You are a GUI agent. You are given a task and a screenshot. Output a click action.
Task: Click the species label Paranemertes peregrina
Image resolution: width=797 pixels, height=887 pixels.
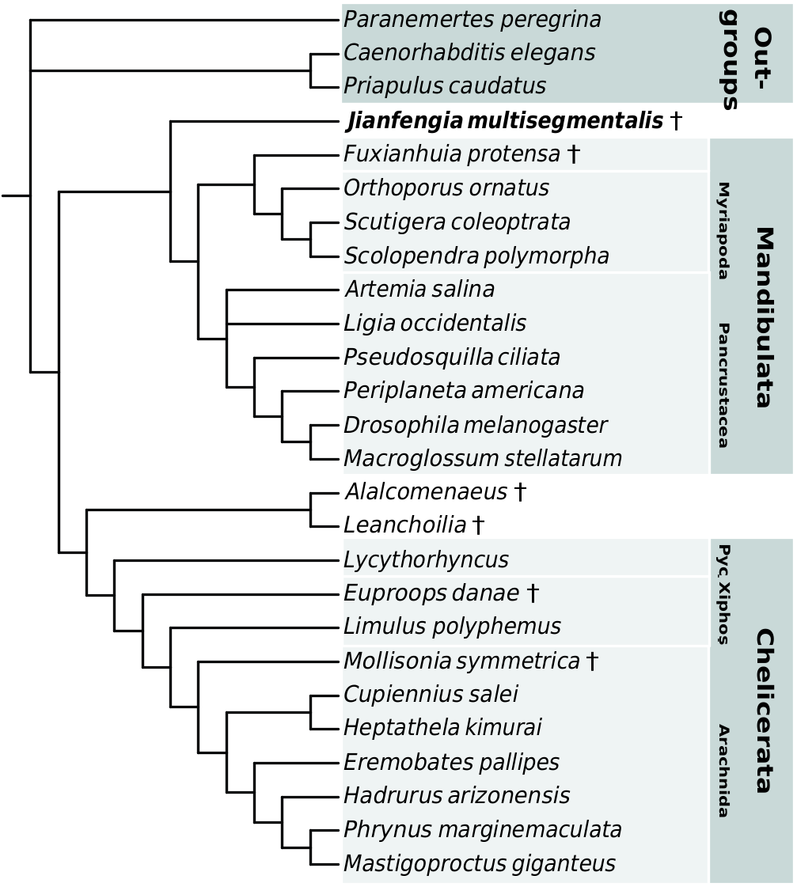(472, 20)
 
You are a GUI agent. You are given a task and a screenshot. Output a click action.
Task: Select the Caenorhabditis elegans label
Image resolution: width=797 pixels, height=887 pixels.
(469, 53)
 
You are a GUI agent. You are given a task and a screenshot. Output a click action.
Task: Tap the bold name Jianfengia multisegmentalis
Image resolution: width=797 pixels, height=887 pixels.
(505, 121)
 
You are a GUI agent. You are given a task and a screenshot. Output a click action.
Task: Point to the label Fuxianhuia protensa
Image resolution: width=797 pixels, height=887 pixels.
(452, 154)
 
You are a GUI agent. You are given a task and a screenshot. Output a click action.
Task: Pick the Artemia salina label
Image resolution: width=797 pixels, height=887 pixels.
(419, 290)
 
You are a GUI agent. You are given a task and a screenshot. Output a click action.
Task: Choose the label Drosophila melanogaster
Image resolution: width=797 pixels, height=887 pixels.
(475, 425)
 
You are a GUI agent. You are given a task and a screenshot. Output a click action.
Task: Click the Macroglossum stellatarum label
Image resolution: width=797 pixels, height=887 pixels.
(483, 458)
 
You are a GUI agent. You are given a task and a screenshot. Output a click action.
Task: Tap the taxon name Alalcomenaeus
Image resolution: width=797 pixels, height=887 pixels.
(426, 492)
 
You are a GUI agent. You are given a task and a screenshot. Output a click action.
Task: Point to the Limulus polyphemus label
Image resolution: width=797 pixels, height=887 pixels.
(452, 627)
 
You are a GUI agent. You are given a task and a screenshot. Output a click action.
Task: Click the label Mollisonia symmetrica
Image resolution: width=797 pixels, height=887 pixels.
(461, 661)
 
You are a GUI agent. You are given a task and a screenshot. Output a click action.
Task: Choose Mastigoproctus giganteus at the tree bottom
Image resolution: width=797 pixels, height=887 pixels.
(479, 862)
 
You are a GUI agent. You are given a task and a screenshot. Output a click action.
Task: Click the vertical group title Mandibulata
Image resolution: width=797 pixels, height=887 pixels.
(762, 317)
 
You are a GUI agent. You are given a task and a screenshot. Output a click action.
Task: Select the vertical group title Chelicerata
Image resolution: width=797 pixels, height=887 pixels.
(762, 711)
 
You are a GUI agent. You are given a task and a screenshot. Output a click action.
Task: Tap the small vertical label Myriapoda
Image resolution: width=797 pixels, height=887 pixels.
(722, 231)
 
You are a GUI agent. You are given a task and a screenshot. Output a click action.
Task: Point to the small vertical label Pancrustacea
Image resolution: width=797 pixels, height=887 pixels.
(722, 385)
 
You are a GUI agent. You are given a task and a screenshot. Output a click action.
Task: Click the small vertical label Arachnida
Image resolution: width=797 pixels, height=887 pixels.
(722, 770)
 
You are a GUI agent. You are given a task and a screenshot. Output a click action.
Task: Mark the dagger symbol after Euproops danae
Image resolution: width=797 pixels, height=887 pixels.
(533, 593)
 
